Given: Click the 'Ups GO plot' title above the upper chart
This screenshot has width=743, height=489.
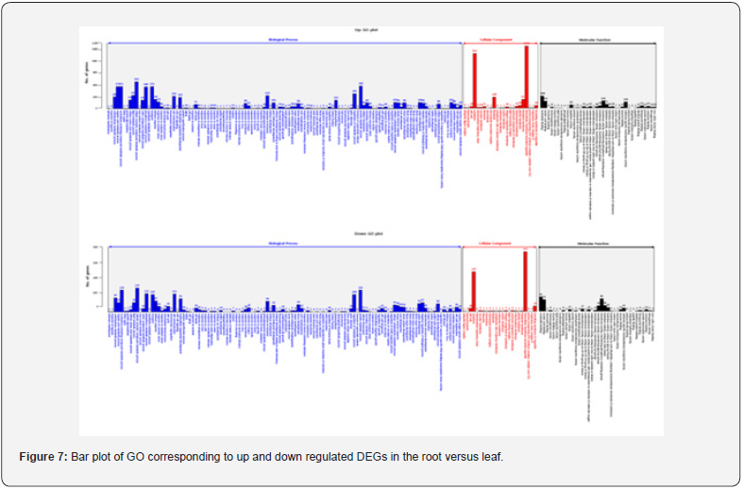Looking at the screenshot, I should (371, 31).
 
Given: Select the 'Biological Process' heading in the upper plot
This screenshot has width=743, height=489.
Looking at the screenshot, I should (284, 40).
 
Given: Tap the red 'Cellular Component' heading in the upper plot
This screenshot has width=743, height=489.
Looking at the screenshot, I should (499, 40).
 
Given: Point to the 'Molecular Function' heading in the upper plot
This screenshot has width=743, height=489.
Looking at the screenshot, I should (598, 40).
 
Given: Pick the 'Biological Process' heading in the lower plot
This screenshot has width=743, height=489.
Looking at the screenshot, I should (284, 244).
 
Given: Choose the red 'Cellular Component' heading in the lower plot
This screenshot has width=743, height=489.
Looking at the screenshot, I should (499, 244).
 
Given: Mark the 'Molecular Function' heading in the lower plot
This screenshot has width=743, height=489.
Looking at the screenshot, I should (598, 244).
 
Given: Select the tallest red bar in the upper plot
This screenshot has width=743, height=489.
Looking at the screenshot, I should (526, 77).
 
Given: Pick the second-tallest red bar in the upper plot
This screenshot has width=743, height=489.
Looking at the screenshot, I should (475, 80).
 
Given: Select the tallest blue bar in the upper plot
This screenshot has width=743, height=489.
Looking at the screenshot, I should (137, 94).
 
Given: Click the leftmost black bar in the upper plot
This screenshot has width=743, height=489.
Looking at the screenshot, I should (542, 101).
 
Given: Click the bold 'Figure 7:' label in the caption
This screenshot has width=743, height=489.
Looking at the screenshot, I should (42, 457).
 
